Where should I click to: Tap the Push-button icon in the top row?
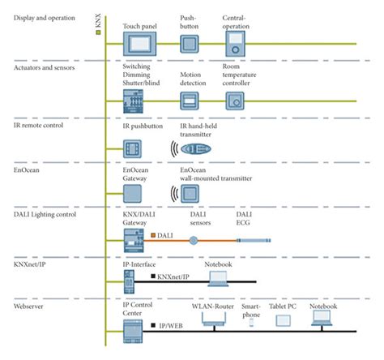point(189,42)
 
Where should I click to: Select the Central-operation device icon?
point(235,43)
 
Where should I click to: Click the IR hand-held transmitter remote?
point(197,149)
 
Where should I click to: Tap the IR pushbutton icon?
point(132,149)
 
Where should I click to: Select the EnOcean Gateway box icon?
point(132,194)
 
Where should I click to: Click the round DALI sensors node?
point(194,240)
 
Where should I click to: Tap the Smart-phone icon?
point(251,322)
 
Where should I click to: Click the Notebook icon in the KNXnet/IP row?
point(220,278)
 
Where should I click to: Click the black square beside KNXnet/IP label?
point(151,278)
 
